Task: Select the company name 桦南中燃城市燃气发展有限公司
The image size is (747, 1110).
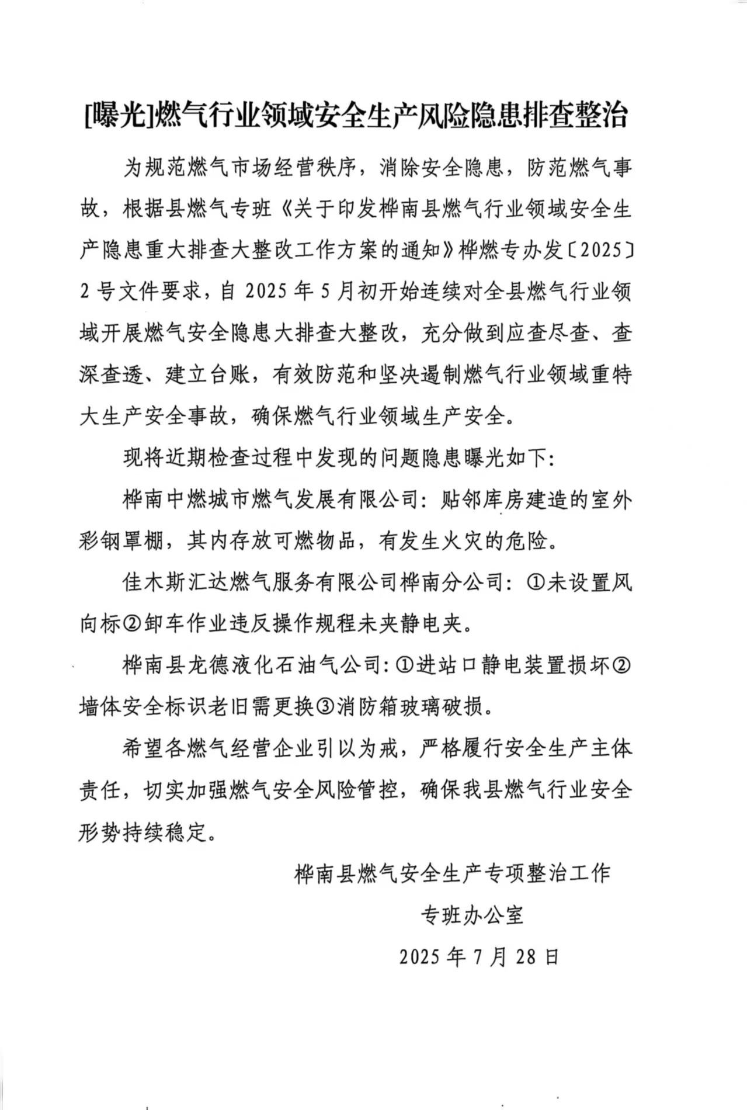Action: (272, 501)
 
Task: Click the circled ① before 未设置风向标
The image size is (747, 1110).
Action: (536, 583)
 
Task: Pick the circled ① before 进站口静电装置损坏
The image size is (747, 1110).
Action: (404, 666)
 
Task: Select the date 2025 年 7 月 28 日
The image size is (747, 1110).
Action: (480, 956)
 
